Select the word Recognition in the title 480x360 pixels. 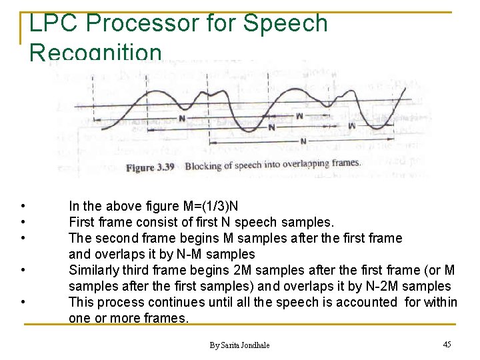[x=95, y=53]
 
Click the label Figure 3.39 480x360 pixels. [x=150, y=167]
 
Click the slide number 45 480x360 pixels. [x=447, y=344]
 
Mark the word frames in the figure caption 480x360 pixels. [x=344, y=163]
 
